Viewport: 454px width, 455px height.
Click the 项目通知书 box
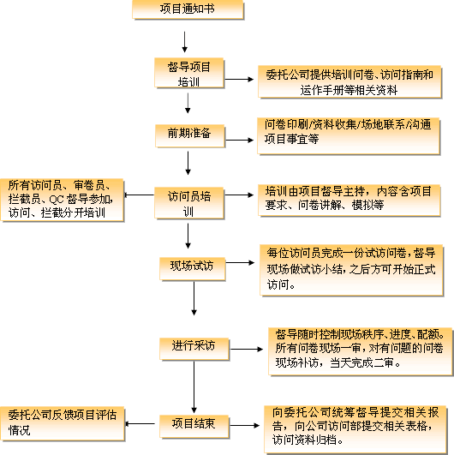(188, 9)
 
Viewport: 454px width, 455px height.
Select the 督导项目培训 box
(189, 73)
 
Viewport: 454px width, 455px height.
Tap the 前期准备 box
(189, 135)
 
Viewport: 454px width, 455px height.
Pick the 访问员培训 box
(189, 203)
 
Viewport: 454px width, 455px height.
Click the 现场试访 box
(193, 269)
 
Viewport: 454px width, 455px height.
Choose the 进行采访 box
(194, 349)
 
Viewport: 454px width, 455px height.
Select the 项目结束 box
(194, 427)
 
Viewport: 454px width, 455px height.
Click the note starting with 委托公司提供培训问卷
(349, 81)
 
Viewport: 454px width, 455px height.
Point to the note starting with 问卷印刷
(349, 135)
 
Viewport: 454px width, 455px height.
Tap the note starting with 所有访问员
(62, 201)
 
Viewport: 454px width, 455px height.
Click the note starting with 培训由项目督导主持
(349, 201)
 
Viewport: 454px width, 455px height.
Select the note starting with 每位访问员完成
(351, 270)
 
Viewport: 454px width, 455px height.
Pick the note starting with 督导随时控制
(361, 351)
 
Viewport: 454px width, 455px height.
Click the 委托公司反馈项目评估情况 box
(63, 424)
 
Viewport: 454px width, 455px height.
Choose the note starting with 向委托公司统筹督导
(355, 429)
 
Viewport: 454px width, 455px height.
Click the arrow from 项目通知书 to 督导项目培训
(184, 42)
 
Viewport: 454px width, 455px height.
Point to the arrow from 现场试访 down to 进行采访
(194, 298)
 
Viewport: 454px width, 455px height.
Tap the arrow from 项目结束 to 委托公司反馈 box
(140, 424)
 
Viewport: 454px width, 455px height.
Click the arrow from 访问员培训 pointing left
(140, 195)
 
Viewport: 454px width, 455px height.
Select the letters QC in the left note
(57, 200)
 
